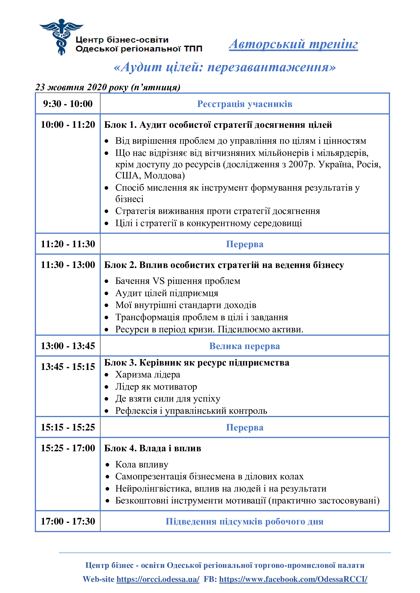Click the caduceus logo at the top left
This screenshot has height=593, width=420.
click(61, 37)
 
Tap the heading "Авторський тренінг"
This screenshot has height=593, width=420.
click(293, 44)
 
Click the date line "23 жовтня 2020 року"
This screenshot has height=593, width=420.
click(108, 87)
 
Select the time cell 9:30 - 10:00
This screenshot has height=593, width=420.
click(68, 104)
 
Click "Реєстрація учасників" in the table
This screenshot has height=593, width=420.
click(244, 104)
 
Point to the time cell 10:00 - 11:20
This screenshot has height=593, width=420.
click(68, 125)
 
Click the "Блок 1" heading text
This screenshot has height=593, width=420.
click(218, 125)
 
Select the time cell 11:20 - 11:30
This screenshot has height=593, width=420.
click(68, 244)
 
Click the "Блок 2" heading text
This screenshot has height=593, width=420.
click(224, 265)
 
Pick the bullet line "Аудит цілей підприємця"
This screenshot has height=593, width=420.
click(167, 293)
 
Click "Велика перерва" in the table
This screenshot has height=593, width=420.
click(244, 346)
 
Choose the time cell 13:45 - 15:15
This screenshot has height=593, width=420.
click(68, 367)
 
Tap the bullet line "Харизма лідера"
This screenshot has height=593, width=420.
click(148, 374)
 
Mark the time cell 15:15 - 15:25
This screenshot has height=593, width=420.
click(68, 427)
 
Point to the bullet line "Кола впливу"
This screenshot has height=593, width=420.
click(141, 464)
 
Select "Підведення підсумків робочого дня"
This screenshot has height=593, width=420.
click(244, 522)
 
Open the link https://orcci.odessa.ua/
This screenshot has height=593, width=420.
click(158, 579)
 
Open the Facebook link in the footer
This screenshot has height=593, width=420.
click(293, 579)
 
